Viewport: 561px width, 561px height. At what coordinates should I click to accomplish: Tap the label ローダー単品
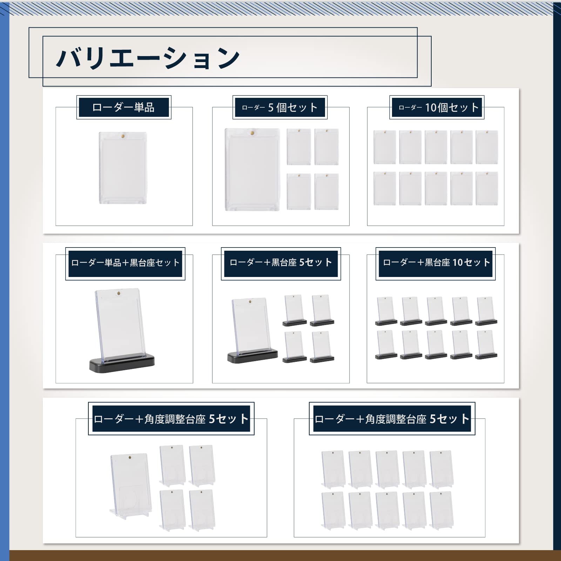tap(123, 107)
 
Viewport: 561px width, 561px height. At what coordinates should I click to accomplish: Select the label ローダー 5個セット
tap(280, 107)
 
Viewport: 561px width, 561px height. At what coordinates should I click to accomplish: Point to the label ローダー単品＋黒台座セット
tap(125, 263)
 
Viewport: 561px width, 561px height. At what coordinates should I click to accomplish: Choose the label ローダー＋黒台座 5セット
tap(281, 263)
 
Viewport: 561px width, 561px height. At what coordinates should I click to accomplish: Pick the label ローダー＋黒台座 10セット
tap(436, 263)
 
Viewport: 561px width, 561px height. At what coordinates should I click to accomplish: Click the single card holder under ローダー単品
tap(123, 168)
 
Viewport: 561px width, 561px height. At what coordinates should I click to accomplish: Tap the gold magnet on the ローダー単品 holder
tap(123, 135)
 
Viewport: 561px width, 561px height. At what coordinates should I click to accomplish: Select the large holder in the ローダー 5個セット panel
tap(252, 170)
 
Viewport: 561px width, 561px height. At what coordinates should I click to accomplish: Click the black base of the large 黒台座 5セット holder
tap(252, 357)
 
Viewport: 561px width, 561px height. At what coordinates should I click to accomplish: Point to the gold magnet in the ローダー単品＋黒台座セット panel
tap(119, 292)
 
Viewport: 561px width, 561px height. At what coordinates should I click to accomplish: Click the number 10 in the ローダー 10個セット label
tap(431, 107)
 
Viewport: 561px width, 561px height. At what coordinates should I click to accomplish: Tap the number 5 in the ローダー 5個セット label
tap(271, 107)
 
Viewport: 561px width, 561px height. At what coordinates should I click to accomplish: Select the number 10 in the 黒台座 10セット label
tap(458, 263)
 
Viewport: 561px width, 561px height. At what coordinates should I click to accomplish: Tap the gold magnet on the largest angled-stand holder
tap(130, 458)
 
